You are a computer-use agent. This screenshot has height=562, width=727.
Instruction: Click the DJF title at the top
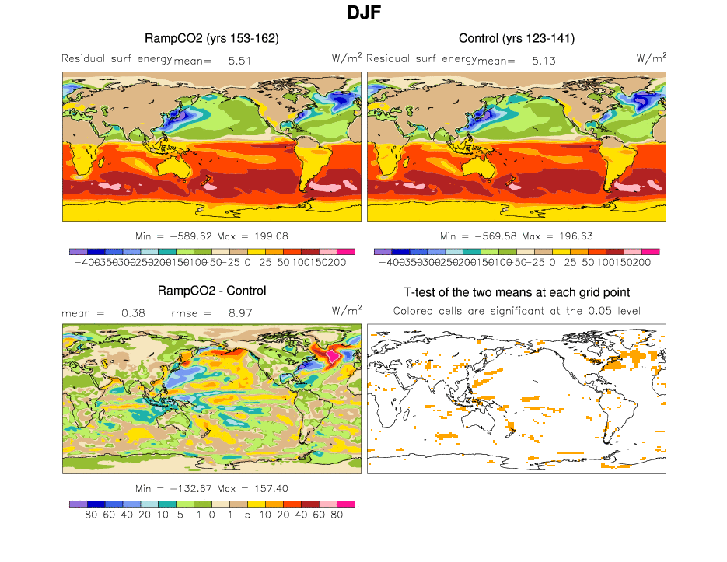click(x=363, y=12)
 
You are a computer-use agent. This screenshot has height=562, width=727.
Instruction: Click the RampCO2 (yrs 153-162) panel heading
click(x=212, y=38)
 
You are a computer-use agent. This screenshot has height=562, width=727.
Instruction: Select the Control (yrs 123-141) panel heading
click(x=516, y=38)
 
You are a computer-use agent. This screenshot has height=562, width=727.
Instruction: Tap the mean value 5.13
click(x=543, y=60)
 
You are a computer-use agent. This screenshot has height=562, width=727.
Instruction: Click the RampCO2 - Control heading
click(x=212, y=291)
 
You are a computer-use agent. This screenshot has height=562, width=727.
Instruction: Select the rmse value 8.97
click(x=239, y=312)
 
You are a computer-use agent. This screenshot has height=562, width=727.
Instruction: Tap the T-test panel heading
click(x=516, y=292)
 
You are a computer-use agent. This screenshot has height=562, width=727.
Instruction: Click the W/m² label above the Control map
click(x=652, y=58)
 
